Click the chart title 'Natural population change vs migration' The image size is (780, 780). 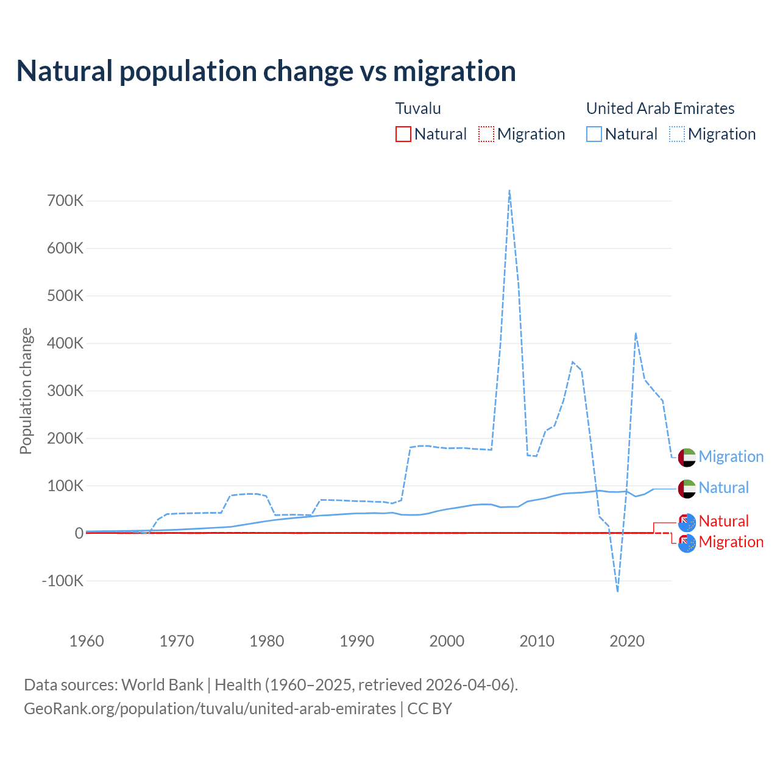(266, 71)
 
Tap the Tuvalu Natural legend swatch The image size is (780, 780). (403, 134)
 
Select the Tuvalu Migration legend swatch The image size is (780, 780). (486, 134)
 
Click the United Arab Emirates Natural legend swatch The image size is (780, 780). (594, 134)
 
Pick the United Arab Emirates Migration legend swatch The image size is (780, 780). (676, 134)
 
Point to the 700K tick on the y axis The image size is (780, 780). (65, 200)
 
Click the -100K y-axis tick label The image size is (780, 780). (62, 581)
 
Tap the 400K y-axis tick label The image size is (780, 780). (65, 343)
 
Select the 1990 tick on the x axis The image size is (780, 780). (357, 641)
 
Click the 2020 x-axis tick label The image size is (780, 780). (627, 641)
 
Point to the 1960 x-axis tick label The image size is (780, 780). (87, 641)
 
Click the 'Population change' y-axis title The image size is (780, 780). (26, 391)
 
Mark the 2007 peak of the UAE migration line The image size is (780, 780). (509, 191)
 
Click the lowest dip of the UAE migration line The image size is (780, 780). (617, 591)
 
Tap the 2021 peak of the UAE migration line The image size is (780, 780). (636, 333)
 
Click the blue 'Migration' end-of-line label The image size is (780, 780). (731, 456)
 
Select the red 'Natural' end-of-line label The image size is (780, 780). (723, 521)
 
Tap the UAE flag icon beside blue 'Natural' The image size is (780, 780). (687, 488)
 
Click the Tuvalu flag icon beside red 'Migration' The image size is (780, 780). (687, 543)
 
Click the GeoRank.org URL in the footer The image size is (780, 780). (210, 709)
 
